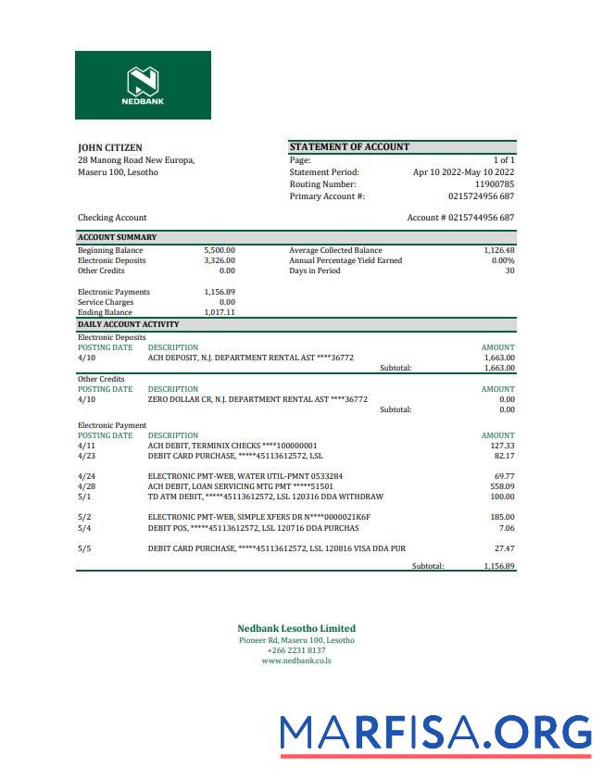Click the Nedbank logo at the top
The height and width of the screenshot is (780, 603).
pyautogui.click(x=143, y=85)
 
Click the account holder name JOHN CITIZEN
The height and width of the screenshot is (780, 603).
pyautogui.click(x=109, y=147)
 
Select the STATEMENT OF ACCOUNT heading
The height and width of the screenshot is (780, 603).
pyautogui.click(x=349, y=146)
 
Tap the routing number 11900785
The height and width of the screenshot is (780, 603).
pyautogui.click(x=494, y=184)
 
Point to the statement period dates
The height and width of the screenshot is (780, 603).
pyautogui.click(x=463, y=172)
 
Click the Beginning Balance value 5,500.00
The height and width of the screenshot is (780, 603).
pyautogui.click(x=220, y=250)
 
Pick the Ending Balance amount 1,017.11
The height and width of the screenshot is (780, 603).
pyautogui.click(x=220, y=312)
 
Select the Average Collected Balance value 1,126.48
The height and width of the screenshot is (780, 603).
pyautogui.click(x=498, y=250)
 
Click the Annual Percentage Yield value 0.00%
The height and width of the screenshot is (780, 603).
pyautogui.click(x=502, y=260)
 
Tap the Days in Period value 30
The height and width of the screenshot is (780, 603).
pyautogui.click(x=509, y=270)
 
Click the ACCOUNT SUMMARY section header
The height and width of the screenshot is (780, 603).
pyautogui.click(x=117, y=237)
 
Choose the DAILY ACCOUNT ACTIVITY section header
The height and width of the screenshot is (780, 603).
pyautogui.click(x=128, y=324)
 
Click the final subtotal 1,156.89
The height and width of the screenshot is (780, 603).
pyautogui.click(x=498, y=565)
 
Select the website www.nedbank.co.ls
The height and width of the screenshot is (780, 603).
pyautogui.click(x=295, y=660)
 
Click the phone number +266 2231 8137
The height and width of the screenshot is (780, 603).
pyautogui.click(x=295, y=650)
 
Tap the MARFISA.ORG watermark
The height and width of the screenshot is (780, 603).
pyautogui.click(x=435, y=733)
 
